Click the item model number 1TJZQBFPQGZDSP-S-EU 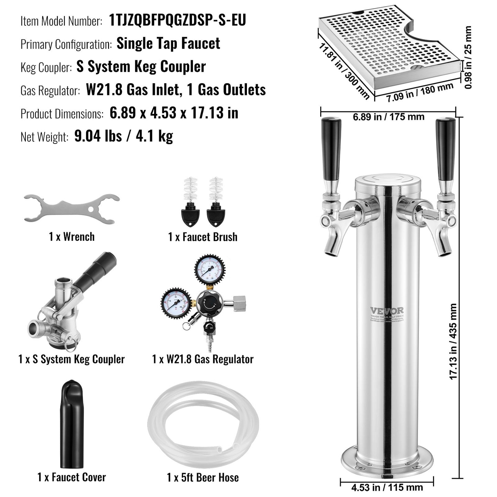(x=177, y=20)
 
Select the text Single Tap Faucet (x=168, y=44)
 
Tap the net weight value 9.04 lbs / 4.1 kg (x=123, y=136)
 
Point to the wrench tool (x=72, y=208)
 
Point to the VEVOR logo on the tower (x=387, y=311)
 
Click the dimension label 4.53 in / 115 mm (x=387, y=487)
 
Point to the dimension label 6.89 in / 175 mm (x=388, y=117)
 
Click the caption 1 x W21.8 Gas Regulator (x=203, y=359)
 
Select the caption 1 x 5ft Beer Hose (x=203, y=477)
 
